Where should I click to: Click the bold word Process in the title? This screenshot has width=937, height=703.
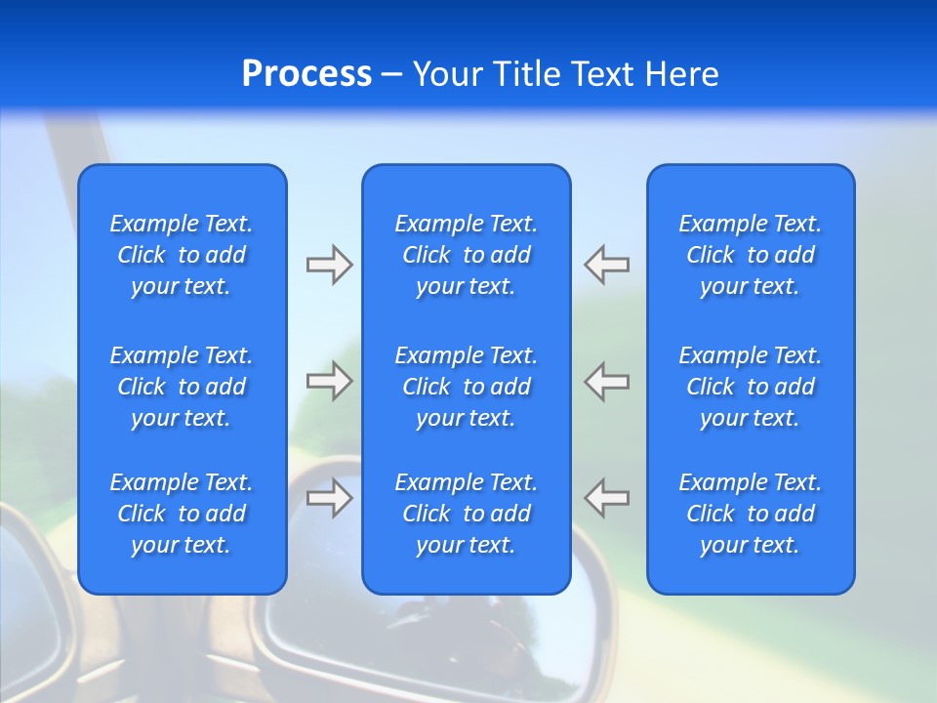coord(306,74)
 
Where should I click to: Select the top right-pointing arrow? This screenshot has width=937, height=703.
coord(329,265)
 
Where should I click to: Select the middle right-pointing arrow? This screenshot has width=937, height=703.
coord(329,381)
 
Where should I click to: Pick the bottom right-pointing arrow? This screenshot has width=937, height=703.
coord(329,498)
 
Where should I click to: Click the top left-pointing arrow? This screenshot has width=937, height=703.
coord(607,265)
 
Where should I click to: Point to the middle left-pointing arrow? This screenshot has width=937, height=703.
coord(607,381)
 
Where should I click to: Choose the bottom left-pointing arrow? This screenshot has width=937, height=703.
coord(607,498)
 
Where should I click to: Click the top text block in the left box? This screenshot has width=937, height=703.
coord(182,255)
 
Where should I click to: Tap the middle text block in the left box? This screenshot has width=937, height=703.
coord(182,387)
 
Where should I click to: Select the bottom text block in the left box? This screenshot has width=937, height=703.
coord(182,514)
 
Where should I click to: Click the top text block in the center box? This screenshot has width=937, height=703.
coord(466,255)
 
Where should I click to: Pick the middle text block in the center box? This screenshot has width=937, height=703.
coord(466,387)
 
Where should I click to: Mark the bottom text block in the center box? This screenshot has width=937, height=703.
coord(466,514)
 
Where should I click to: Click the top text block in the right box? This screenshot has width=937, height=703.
coord(750,255)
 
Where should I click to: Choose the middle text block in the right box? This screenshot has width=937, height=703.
coord(750,387)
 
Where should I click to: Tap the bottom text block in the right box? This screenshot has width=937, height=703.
coord(750,514)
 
